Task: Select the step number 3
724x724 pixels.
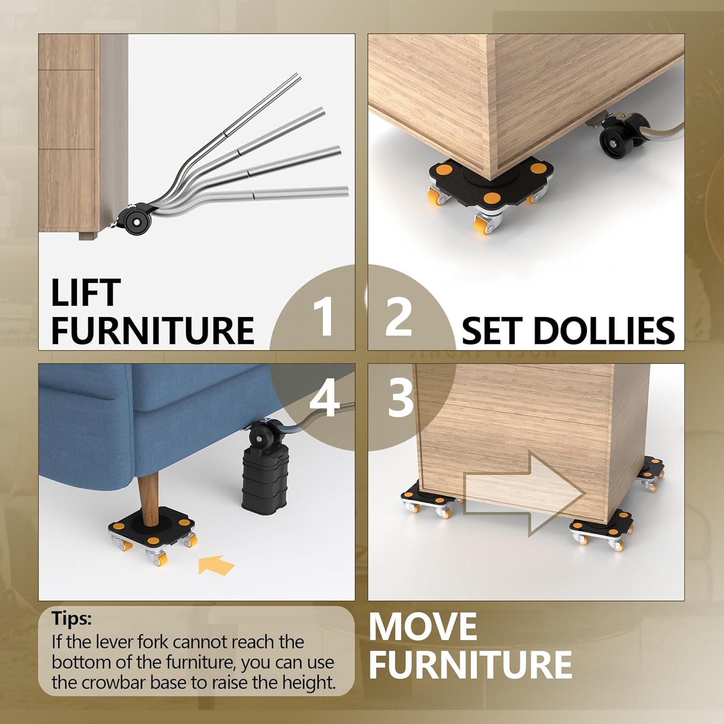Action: [400, 398]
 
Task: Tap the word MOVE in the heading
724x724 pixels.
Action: [423, 627]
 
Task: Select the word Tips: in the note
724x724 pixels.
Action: [72, 618]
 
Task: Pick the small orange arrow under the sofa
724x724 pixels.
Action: [216, 565]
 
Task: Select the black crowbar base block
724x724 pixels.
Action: [264, 475]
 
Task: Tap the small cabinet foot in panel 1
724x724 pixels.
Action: [86, 236]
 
